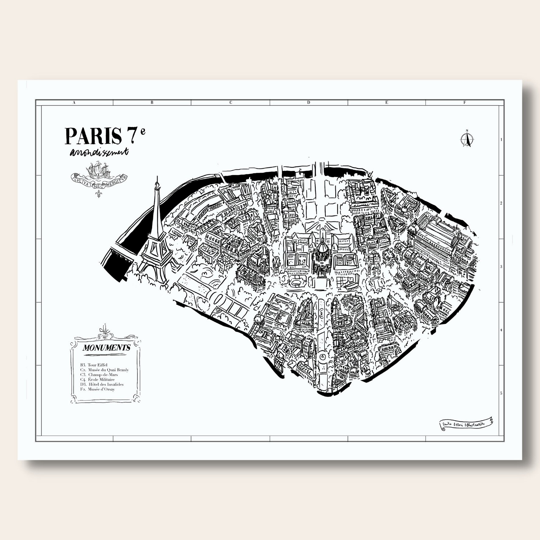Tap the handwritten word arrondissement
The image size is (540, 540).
point(99,152)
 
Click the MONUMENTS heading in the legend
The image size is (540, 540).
point(106,348)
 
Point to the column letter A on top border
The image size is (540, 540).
point(74,103)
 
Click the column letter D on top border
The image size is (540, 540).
point(308,103)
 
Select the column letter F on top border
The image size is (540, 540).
point(464,103)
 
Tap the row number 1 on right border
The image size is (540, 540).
point(501,140)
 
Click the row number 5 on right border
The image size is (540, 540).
point(501,393)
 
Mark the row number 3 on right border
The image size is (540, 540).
point(501,267)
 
